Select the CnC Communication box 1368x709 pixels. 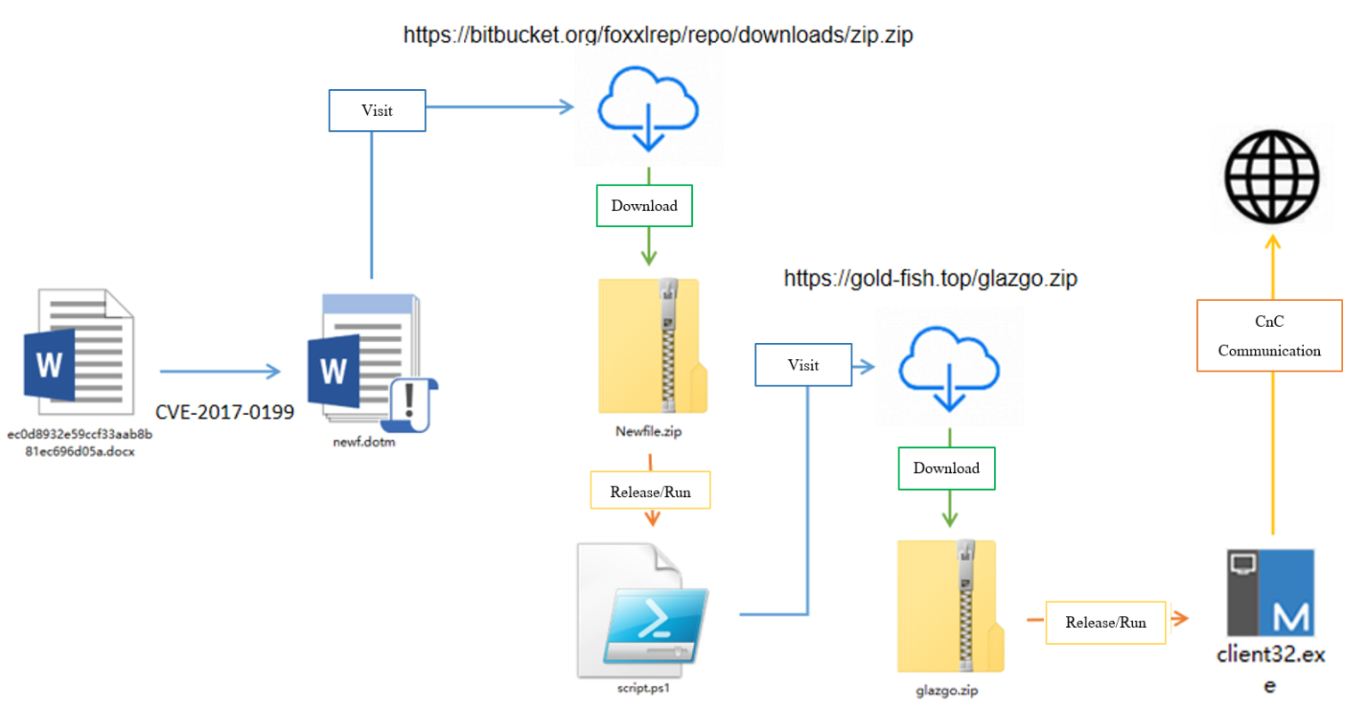coord(1269,336)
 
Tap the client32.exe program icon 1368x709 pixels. coord(1270,592)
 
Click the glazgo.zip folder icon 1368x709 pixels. coord(949,607)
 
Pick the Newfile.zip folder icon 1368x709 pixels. coord(652,346)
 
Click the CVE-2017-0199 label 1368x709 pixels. coord(224,412)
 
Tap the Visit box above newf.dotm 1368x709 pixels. coord(377,110)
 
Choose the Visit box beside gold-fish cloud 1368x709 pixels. coord(802,365)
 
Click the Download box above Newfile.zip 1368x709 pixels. coord(644,206)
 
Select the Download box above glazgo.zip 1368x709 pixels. coord(946,469)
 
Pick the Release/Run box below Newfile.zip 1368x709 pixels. coord(650,492)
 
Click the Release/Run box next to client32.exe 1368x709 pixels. coord(1105,623)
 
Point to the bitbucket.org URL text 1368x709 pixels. coord(657,35)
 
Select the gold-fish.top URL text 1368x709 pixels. coord(930,279)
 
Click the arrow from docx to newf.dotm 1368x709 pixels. coord(220,371)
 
